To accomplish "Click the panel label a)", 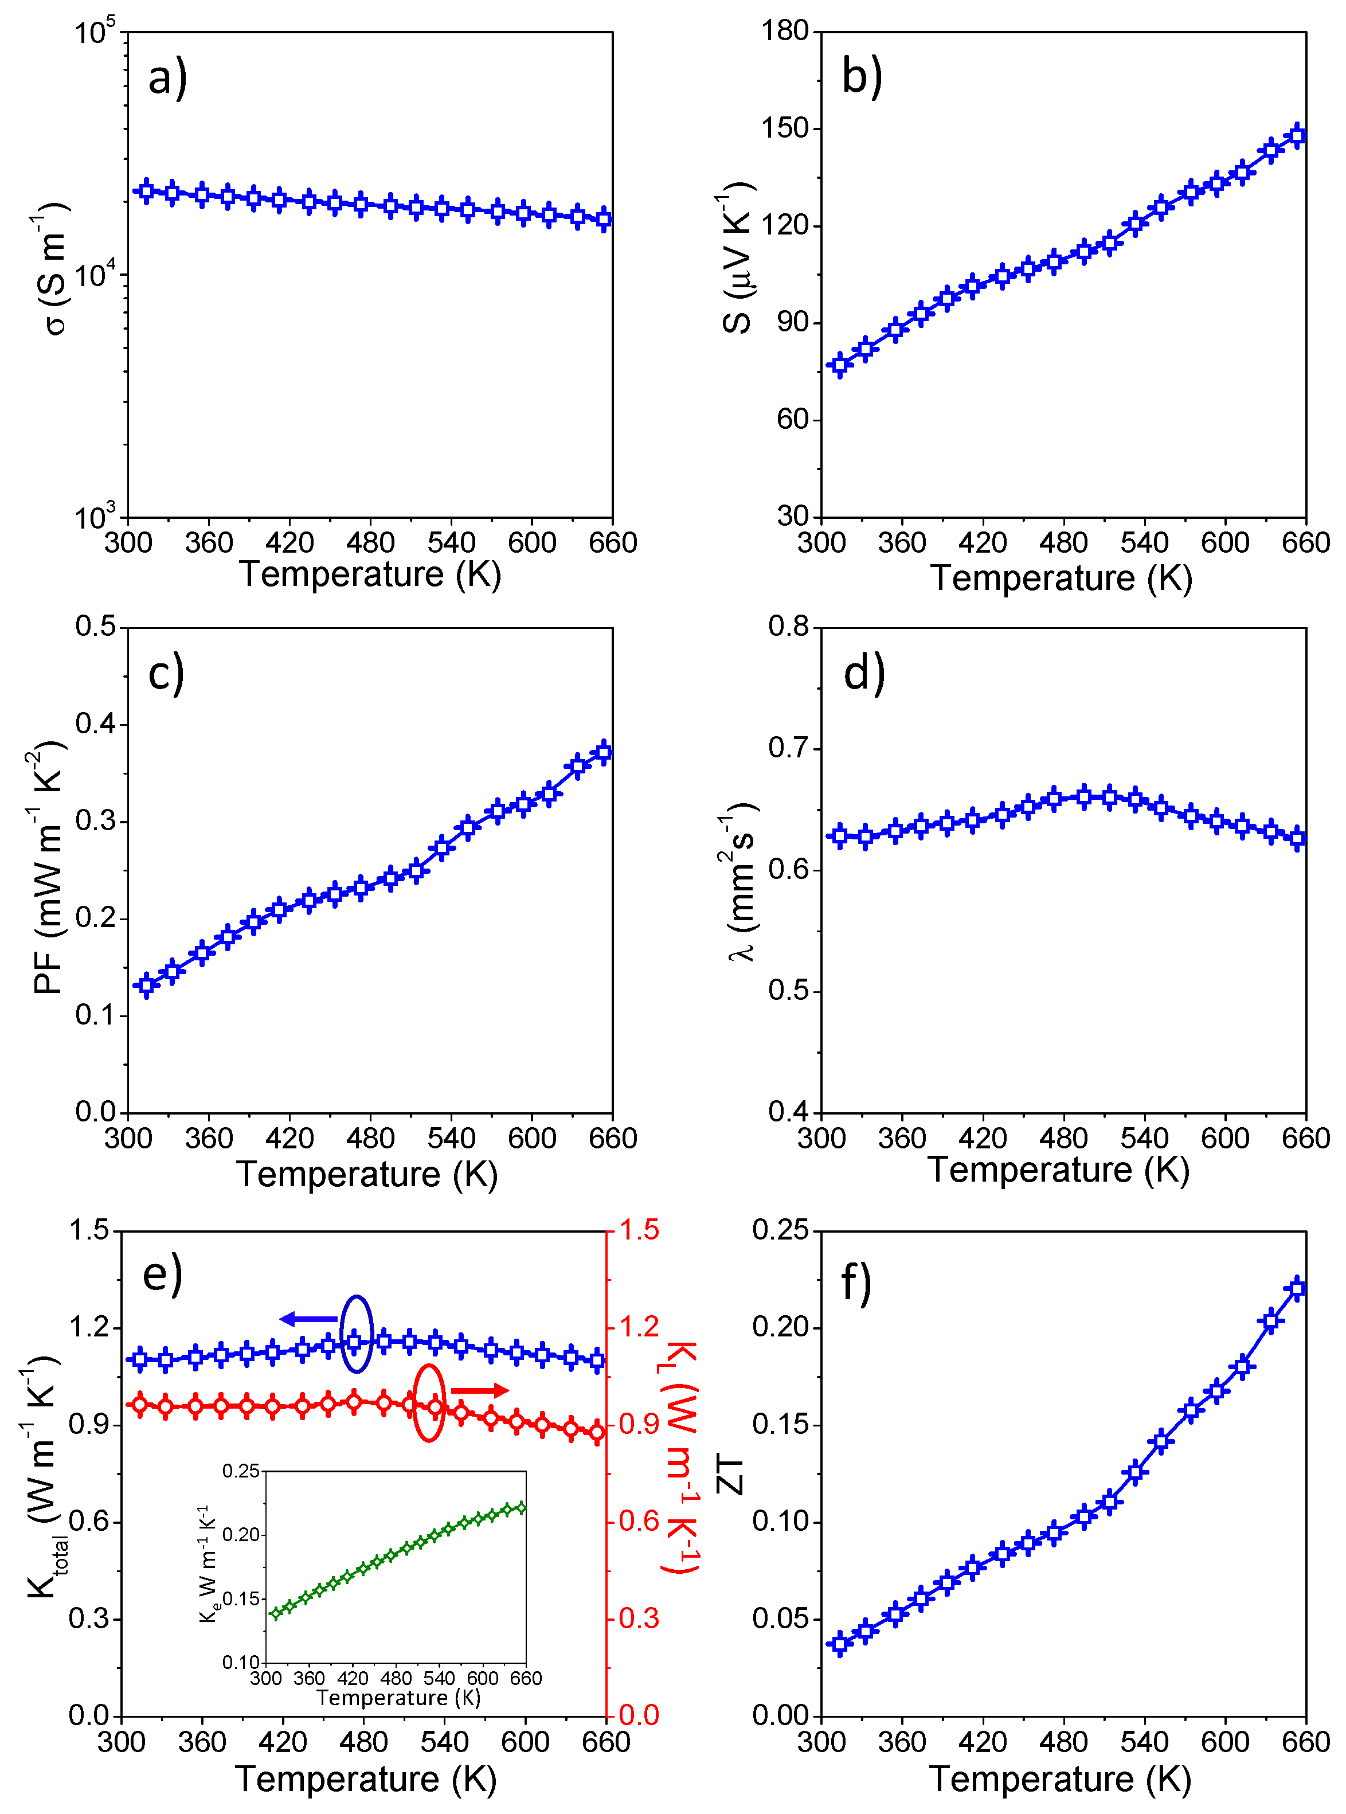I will (167, 78).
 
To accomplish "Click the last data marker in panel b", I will (1298, 135).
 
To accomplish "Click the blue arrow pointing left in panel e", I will (308, 1319).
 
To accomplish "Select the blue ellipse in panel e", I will (356, 1334).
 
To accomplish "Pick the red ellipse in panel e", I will (429, 1403).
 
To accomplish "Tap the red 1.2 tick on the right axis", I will (640, 1327).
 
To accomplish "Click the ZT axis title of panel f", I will (731, 1475).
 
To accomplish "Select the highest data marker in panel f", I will (1298, 1288).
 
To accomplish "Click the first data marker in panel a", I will (147, 191).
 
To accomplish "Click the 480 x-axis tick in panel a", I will (370, 542).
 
